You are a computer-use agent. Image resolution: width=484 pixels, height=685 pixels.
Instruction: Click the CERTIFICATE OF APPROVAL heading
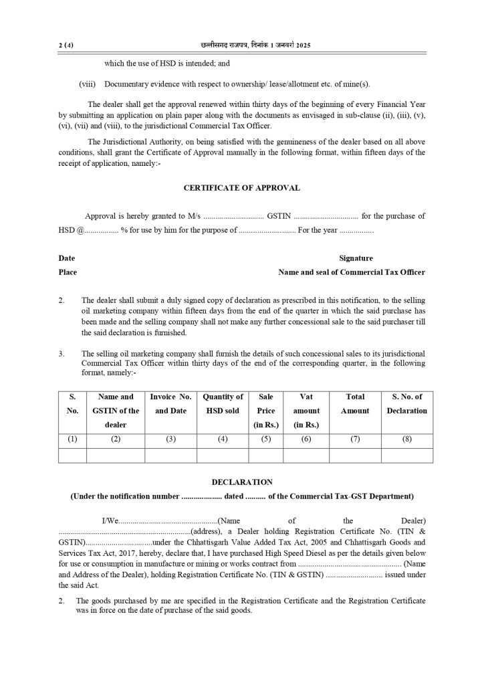tap(241, 188)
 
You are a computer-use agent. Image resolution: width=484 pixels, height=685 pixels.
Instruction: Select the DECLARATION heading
tap(241, 482)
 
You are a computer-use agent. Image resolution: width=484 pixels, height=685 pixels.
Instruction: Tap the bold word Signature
tap(356, 258)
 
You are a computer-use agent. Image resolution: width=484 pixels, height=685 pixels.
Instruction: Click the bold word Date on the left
tap(67, 258)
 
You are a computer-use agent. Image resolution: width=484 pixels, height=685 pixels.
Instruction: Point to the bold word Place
tap(68, 272)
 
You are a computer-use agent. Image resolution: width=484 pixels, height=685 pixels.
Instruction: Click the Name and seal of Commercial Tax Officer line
tap(351, 272)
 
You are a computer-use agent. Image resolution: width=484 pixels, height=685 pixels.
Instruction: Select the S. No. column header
tap(73, 403)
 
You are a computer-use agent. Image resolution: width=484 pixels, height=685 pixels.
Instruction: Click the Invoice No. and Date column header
tap(170, 403)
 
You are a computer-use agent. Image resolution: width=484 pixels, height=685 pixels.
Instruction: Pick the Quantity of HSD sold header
tap(223, 403)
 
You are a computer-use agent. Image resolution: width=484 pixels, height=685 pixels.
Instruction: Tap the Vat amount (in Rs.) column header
tap(306, 411)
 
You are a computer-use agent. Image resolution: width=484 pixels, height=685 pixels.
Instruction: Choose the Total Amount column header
tap(355, 403)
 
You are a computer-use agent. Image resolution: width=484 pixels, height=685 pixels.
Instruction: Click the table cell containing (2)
tap(116, 439)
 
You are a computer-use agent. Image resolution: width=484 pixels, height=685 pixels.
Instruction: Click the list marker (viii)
tap(87, 84)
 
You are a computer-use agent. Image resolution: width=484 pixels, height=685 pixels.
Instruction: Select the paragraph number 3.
tap(62, 353)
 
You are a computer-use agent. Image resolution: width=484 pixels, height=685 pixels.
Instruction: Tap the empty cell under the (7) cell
tap(355, 456)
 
